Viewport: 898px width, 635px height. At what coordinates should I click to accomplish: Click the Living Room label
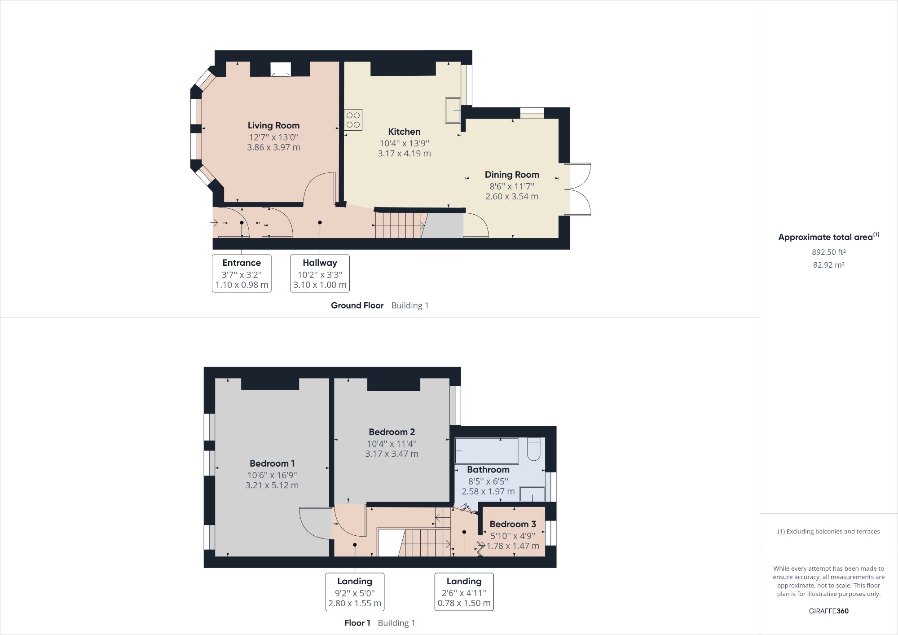click(x=273, y=126)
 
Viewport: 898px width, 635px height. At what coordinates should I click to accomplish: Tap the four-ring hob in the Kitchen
click(x=353, y=120)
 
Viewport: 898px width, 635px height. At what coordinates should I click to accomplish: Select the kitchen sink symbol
click(x=453, y=110)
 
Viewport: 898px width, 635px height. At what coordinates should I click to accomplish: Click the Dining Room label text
click(x=512, y=175)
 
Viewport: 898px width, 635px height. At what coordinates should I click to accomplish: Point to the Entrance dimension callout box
click(x=242, y=273)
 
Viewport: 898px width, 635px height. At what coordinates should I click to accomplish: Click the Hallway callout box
click(x=320, y=273)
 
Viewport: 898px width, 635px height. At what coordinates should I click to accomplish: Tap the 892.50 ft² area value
click(x=828, y=252)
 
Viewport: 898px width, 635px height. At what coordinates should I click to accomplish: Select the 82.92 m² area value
click(x=828, y=265)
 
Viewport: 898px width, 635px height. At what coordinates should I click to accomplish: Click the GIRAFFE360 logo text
click(x=828, y=611)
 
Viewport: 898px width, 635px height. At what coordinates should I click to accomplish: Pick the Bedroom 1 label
click(x=272, y=463)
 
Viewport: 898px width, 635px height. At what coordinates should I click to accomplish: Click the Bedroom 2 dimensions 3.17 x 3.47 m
click(x=392, y=454)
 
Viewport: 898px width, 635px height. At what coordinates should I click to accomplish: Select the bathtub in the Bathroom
click(x=486, y=450)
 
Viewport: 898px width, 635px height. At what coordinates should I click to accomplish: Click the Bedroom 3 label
click(x=512, y=524)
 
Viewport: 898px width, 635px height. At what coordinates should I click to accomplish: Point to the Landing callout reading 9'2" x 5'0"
click(x=355, y=592)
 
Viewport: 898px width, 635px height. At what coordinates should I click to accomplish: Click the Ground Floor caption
click(x=357, y=305)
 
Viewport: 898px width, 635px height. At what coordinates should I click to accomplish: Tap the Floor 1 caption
click(x=357, y=623)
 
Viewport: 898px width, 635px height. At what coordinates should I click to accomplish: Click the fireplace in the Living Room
click(x=281, y=70)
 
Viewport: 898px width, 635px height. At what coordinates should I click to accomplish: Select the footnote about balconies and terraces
click(x=828, y=531)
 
